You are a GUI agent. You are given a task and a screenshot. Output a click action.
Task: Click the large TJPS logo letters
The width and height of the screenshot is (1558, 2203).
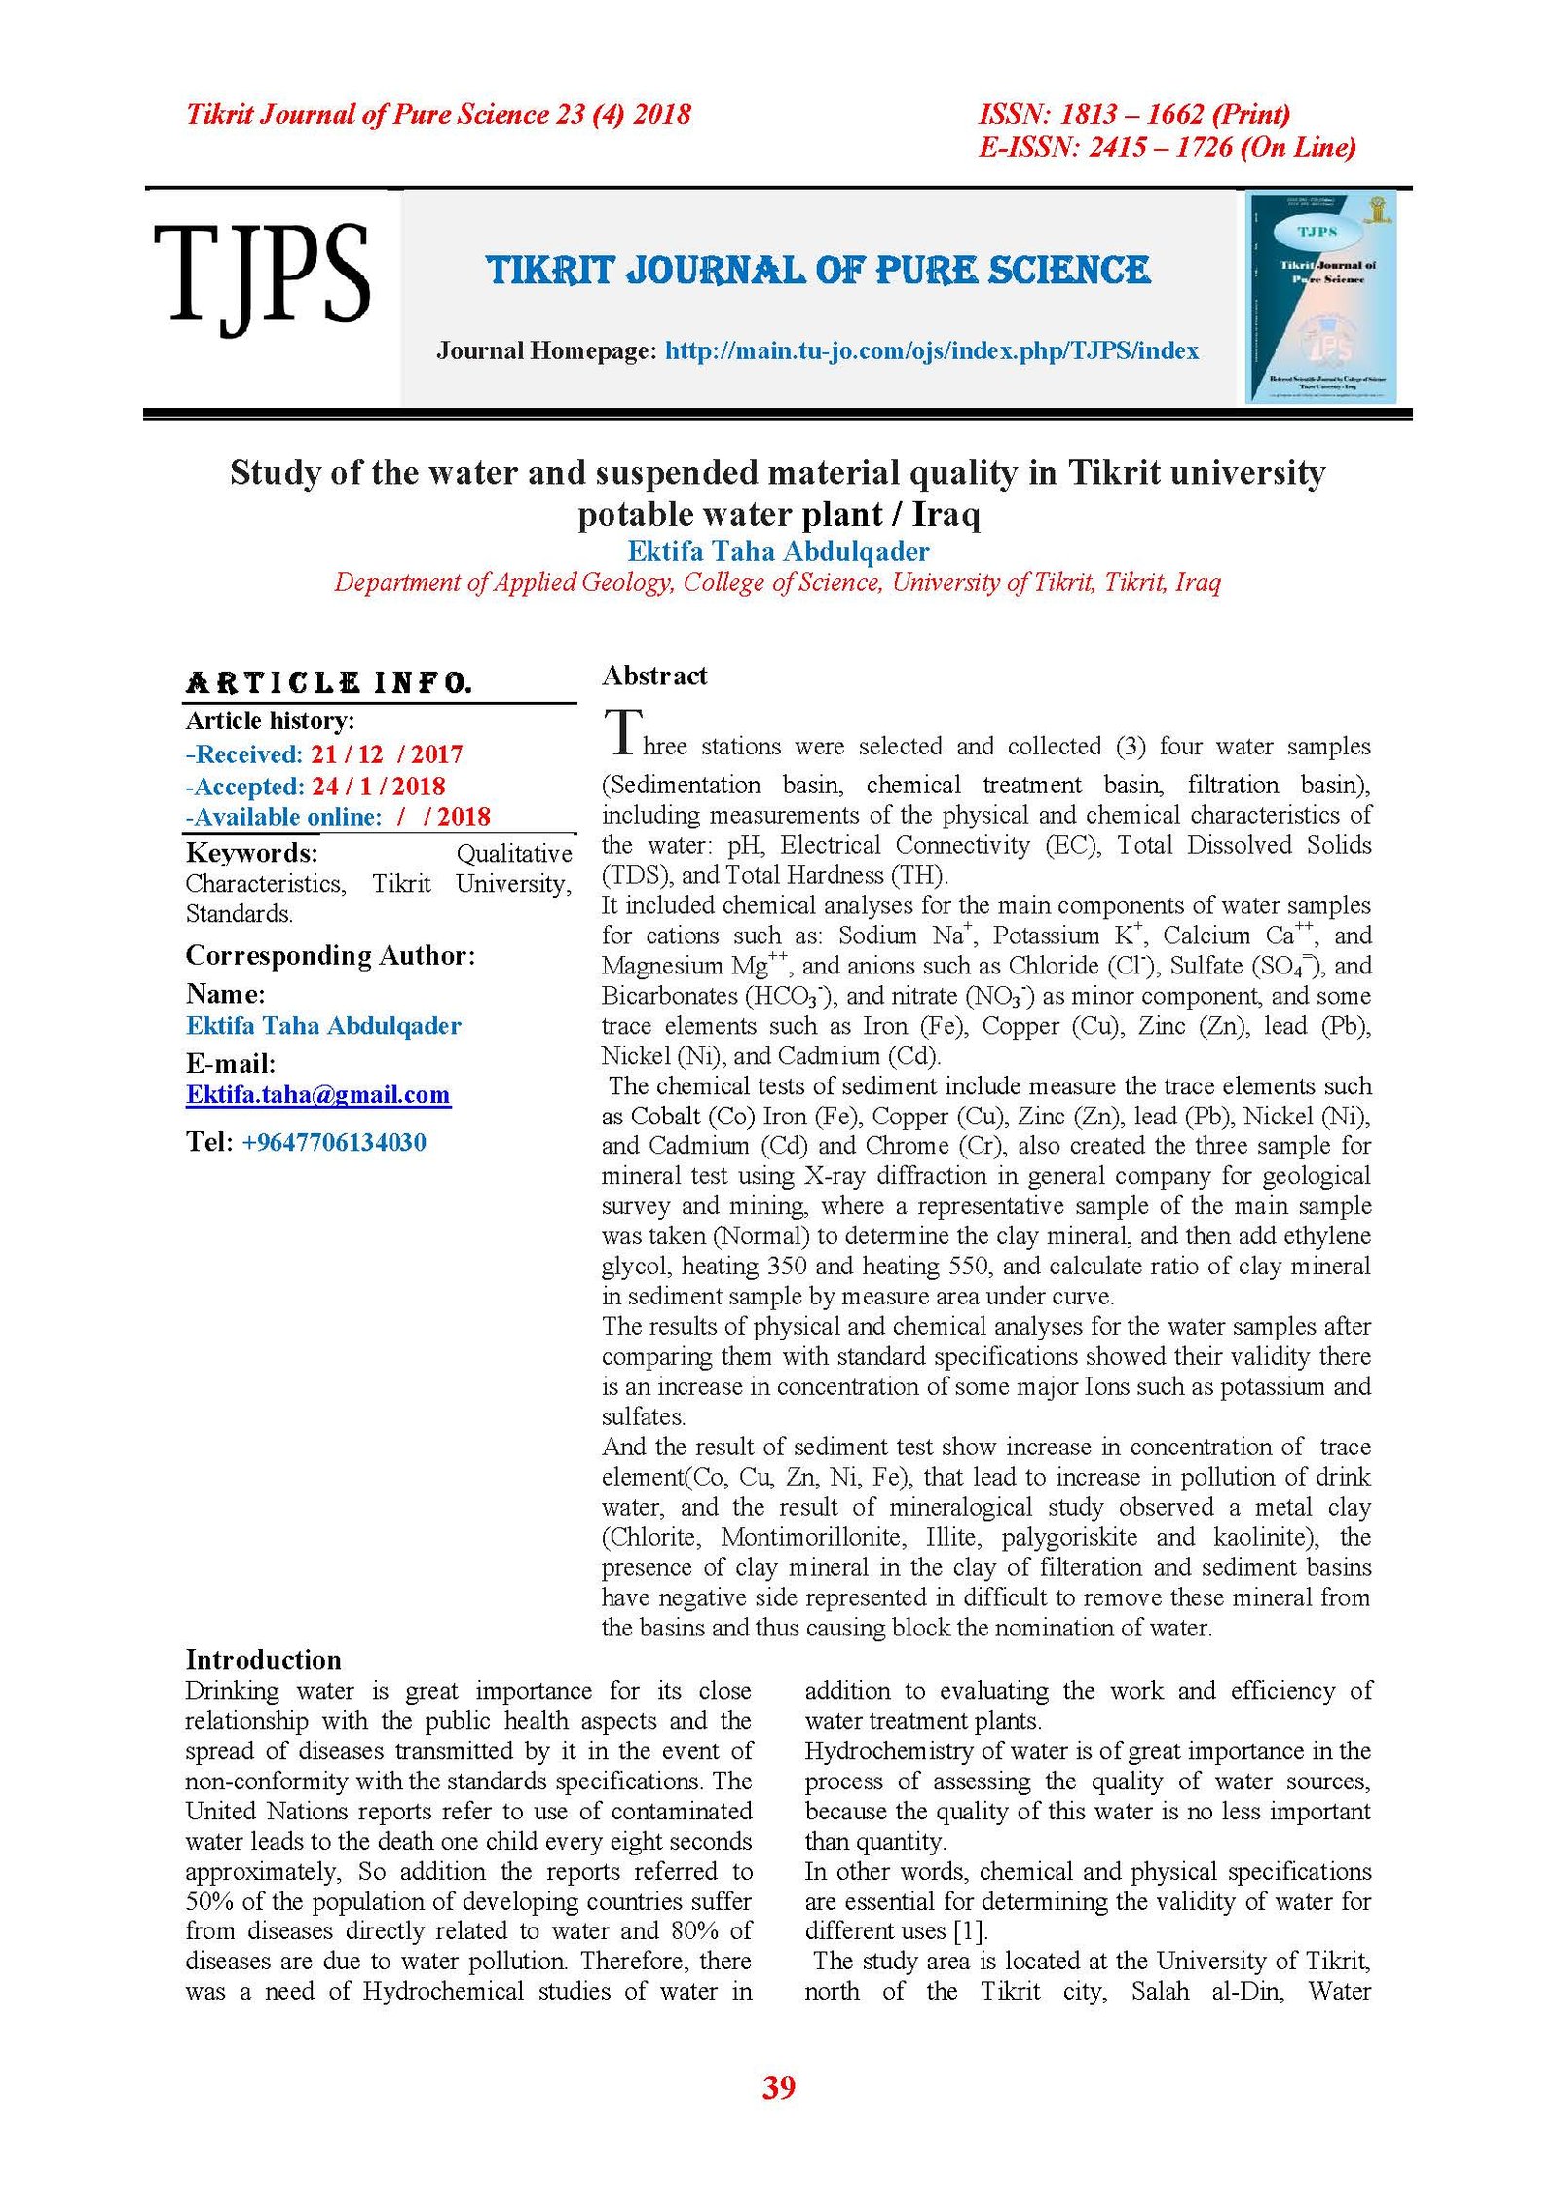pos(260,276)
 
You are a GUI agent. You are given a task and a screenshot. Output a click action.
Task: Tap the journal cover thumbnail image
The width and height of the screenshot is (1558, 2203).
pos(1321,297)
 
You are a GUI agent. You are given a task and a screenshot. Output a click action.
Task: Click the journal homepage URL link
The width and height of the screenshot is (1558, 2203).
pos(931,350)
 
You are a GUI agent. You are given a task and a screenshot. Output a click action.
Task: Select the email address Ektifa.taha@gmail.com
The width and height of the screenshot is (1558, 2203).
pos(317,1095)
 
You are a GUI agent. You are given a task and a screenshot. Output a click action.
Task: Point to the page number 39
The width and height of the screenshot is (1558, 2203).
pos(778,2088)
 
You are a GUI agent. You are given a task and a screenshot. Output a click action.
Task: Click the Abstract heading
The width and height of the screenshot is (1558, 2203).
pos(653,676)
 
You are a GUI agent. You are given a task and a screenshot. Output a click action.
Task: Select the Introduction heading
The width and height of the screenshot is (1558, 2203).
pos(263,1660)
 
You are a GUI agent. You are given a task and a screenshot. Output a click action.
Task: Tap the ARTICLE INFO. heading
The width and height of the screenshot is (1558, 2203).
pos(328,682)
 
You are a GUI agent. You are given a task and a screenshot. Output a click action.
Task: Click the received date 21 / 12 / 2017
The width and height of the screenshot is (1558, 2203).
pos(386,754)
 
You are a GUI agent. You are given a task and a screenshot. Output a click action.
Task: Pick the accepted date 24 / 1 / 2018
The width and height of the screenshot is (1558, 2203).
pos(378,786)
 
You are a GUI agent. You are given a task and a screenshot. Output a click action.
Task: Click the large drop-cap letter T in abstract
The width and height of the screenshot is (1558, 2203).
pos(621,732)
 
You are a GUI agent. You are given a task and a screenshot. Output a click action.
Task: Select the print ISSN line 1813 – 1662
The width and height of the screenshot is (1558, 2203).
pos(1133,115)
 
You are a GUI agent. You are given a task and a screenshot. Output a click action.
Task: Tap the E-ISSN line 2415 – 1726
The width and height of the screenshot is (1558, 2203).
pos(1166,147)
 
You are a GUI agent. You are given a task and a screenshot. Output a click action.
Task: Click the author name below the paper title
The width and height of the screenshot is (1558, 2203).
pos(778,551)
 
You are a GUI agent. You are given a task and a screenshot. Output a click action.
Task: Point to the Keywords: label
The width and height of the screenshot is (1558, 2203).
pos(251,853)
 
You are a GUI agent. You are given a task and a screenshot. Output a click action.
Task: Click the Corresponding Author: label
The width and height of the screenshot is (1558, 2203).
pos(330,955)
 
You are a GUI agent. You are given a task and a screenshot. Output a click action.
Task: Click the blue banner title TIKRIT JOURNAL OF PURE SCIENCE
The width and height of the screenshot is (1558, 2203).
pos(818,270)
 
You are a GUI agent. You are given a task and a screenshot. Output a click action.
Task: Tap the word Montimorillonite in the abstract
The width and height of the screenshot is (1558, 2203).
pos(812,1537)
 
